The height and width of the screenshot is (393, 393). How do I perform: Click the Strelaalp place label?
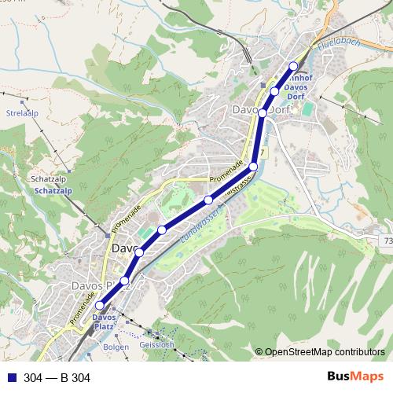click(x=22, y=113)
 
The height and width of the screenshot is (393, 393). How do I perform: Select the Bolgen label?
click(x=116, y=345)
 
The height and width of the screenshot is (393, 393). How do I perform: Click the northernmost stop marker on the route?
click(x=293, y=66)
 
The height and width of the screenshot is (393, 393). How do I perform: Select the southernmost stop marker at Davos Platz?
click(x=99, y=307)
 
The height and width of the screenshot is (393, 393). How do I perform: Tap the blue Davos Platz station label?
click(x=105, y=321)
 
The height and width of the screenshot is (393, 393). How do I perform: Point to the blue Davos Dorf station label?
click(x=296, y=87)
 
